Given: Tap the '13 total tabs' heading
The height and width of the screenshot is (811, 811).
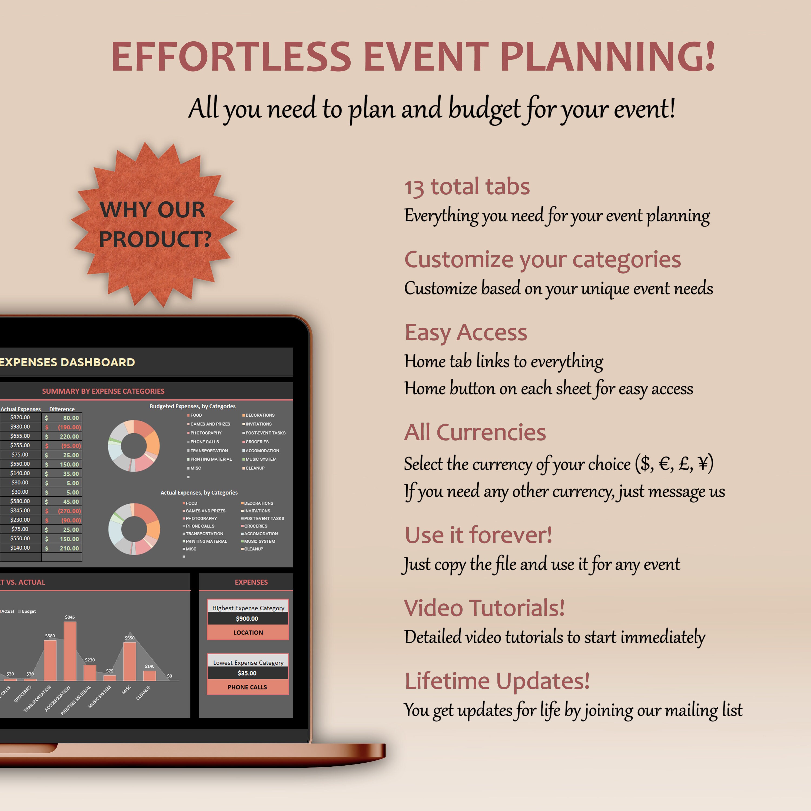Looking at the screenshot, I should [x=467, y=187].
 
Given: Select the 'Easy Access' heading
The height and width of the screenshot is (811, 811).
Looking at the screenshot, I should [x=466, y=333].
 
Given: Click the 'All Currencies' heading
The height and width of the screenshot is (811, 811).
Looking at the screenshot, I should [x=475, y=432].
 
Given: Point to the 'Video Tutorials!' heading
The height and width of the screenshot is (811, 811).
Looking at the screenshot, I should [x=484, y=608].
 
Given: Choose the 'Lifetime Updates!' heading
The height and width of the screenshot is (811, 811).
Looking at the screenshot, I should [x=497, y=681].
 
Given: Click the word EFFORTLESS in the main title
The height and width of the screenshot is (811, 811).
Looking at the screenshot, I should [x=231, y=57].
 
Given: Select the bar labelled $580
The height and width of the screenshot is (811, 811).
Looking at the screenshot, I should [x=50, y=660].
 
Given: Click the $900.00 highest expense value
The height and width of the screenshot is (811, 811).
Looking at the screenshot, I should [x=247, y=618].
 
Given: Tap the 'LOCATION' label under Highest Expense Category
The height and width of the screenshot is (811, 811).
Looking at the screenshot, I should [x=248, y=633].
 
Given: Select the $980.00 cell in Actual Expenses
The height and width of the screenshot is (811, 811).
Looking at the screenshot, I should [x=20, y=427].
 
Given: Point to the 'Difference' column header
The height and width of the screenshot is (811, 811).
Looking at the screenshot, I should [x=62, y=409].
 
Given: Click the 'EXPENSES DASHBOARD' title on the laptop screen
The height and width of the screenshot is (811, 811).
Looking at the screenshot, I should [x=67, y=362].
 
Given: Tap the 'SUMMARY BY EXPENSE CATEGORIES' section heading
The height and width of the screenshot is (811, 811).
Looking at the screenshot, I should [x=103, y=391].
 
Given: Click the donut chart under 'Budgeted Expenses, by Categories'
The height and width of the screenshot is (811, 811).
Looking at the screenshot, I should [x=134, y=446].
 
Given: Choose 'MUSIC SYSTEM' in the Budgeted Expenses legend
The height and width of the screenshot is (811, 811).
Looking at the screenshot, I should [x=261, y=459].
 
